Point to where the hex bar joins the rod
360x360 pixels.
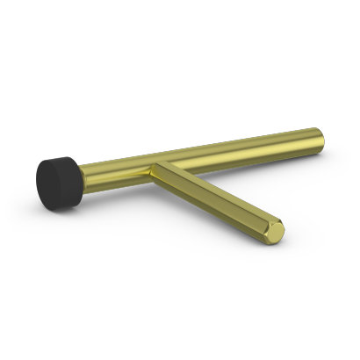(158, 169)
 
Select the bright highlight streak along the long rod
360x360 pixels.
(228, 143)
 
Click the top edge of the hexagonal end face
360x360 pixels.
(277, 221)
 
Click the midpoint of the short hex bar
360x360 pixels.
(215, 200)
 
